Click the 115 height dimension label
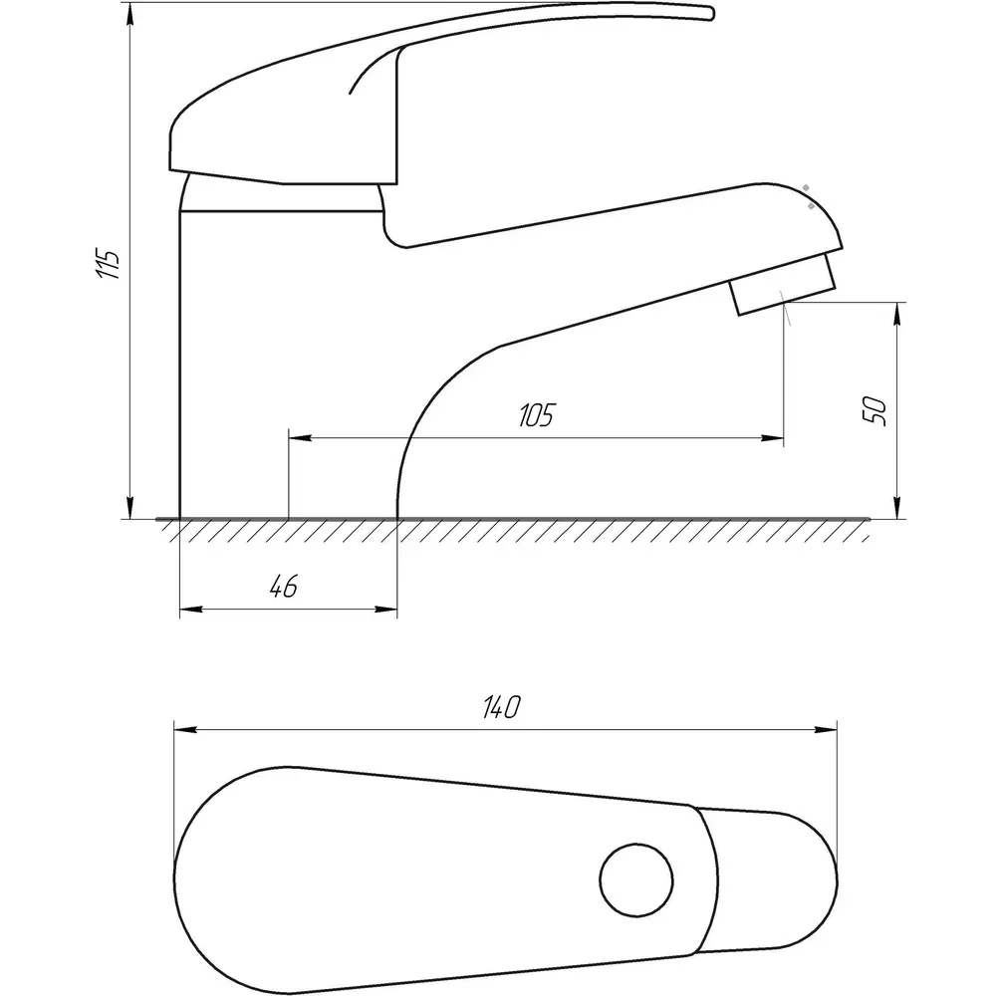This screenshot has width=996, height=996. [108, 265]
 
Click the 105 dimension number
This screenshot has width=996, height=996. [537, 414]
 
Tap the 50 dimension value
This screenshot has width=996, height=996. [874, 411]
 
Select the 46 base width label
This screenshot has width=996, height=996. [283, 587]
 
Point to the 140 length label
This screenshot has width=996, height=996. [501, 707]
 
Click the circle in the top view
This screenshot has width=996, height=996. [635, 880]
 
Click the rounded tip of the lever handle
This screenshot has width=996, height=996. [709, 13]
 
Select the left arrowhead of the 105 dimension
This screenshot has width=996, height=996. [301, 437]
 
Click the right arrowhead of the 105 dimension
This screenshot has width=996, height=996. [772, 437]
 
